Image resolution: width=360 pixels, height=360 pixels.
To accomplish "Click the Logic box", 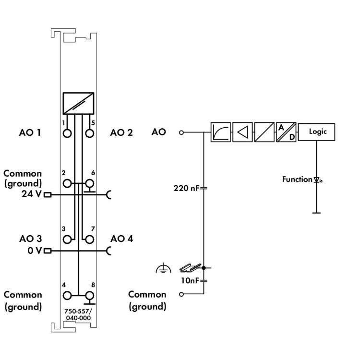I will click(317, 132).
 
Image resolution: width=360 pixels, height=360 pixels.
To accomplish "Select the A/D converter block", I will click(286, 132).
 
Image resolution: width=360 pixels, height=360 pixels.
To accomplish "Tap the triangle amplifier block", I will click(243, 132).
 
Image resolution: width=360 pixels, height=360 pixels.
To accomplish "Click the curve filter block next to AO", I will click(221, 132).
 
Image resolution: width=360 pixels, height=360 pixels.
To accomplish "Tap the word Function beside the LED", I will click(297, 180).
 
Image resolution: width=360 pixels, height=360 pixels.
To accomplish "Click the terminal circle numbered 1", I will click(68, 133).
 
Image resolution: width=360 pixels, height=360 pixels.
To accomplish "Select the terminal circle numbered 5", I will click(89, 133).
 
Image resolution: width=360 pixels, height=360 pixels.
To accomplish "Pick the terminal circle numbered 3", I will click(68, 239).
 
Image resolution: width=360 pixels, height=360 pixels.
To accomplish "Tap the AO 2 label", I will click(121, 132).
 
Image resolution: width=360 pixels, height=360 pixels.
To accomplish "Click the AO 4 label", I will click(121, 238).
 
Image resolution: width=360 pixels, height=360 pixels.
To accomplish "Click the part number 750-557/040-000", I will click(78, 313).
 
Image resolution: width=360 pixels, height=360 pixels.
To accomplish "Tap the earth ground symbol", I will click(161, 270).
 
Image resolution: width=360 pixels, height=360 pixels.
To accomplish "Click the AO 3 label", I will click(31, 238).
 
